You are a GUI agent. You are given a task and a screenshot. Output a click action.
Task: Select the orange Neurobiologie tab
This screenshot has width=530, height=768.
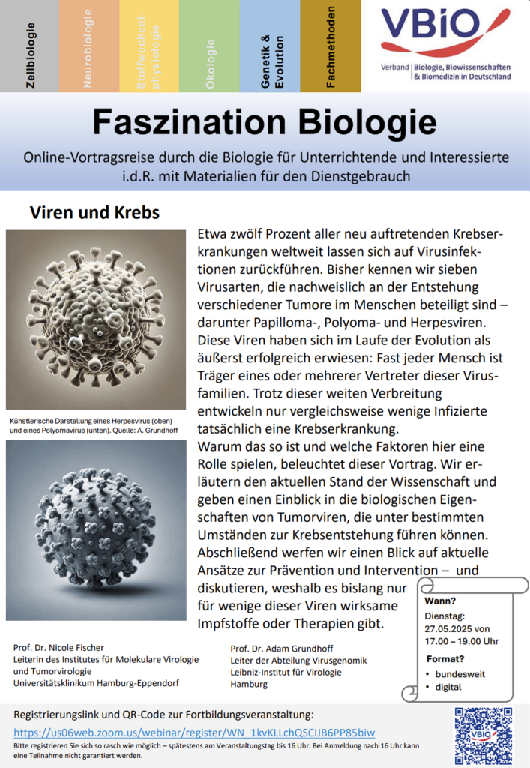click(x=89, y=45)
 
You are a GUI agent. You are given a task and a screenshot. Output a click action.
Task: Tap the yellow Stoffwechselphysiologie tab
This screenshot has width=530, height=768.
click(x=149, y=45)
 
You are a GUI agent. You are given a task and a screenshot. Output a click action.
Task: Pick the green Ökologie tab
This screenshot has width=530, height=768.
click(x=209, y=45)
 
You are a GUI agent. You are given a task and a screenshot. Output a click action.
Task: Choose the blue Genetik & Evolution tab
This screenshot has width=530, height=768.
click(x=269, y=45)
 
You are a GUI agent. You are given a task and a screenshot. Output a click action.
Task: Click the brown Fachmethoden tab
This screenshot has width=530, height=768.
click(x=330, y=45)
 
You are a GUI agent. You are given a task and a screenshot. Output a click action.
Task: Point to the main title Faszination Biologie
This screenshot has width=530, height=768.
click(x=265, y=120)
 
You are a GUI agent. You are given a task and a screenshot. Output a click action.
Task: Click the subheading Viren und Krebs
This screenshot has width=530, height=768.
click(x=94, y=212)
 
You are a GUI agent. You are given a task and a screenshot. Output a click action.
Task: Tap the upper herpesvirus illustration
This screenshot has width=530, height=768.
click(x=96, y=319)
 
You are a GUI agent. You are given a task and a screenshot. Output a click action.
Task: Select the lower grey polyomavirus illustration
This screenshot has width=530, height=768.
click(x=96, y=529)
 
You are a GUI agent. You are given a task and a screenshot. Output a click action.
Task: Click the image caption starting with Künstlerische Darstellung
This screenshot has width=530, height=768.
click(x=94, y=426)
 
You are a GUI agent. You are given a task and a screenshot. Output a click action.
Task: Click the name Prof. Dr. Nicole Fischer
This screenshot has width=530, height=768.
click(x=58, y=647)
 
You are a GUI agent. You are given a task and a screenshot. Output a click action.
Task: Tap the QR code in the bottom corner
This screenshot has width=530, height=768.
click(x=484, y=734)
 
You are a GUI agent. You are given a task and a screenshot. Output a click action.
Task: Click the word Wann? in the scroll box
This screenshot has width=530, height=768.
click(x=440, y=601)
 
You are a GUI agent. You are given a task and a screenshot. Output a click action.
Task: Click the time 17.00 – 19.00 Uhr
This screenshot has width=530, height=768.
click(x=457, y=641)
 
